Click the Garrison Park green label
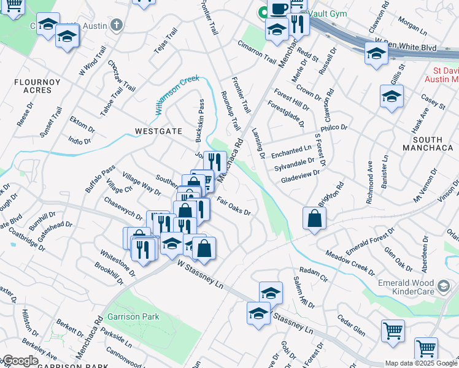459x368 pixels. tap(133, 316)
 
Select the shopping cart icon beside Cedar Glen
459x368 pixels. tap(393, 331)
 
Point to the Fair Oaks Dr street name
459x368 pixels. tap(234, 207)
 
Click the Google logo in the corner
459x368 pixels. tap(20, 361)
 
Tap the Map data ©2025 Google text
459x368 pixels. tap(421, 363)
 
